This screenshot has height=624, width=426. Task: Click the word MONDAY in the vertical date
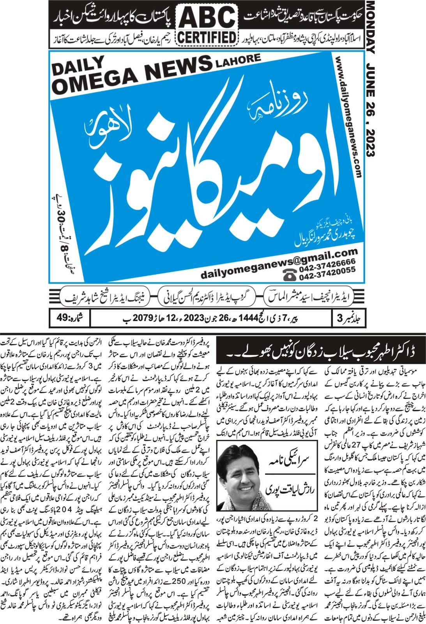coord(370,27)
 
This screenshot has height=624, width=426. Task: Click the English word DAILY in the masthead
coord(78,66)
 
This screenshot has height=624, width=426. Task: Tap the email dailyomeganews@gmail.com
coord(279,263)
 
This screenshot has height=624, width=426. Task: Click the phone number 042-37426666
coord(327,262)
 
